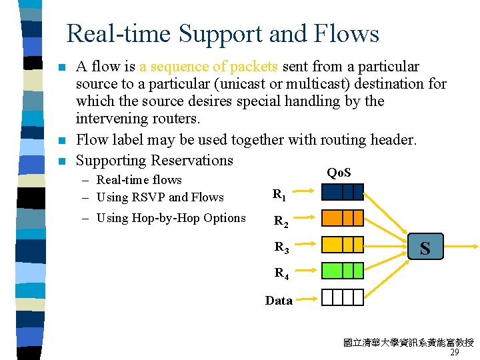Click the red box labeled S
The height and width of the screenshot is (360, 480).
425,248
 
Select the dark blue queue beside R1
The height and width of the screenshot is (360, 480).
343,193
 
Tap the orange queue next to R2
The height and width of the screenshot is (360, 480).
343,219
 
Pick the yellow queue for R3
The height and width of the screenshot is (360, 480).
343,245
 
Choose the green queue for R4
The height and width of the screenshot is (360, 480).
343,271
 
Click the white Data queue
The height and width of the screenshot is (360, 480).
343,297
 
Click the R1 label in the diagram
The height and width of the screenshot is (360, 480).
280,195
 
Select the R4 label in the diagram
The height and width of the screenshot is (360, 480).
282,273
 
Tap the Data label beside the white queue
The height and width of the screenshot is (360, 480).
279,301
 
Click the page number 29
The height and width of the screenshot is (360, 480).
455,353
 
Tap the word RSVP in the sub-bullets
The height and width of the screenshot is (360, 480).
148,197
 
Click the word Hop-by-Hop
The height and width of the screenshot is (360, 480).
163,218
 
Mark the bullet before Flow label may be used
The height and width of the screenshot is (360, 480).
61,141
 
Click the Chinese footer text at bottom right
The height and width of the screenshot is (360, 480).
408,343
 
